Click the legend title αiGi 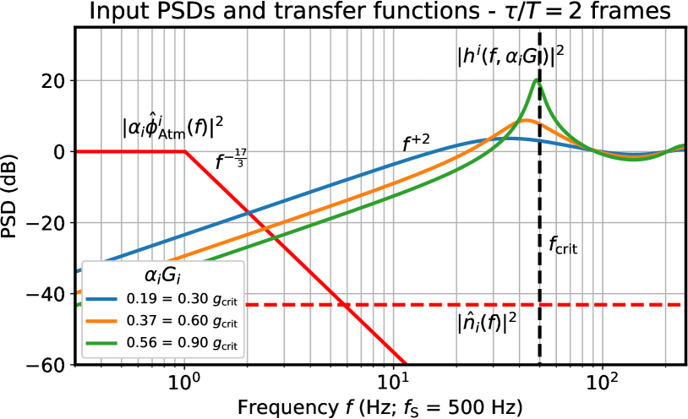(162, 275)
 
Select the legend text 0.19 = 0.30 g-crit (182, 299)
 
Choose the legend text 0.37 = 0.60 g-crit (182, 321)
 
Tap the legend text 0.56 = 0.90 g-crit (182, 343)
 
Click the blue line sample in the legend (101, 299)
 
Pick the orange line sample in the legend (101, 321)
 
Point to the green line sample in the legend (101, 343)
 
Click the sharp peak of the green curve (536, 80)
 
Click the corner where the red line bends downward (184, 152)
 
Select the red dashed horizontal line (465, 304)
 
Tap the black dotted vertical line (539, 211)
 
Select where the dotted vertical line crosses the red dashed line (539, 304)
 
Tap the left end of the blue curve (79, 271)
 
